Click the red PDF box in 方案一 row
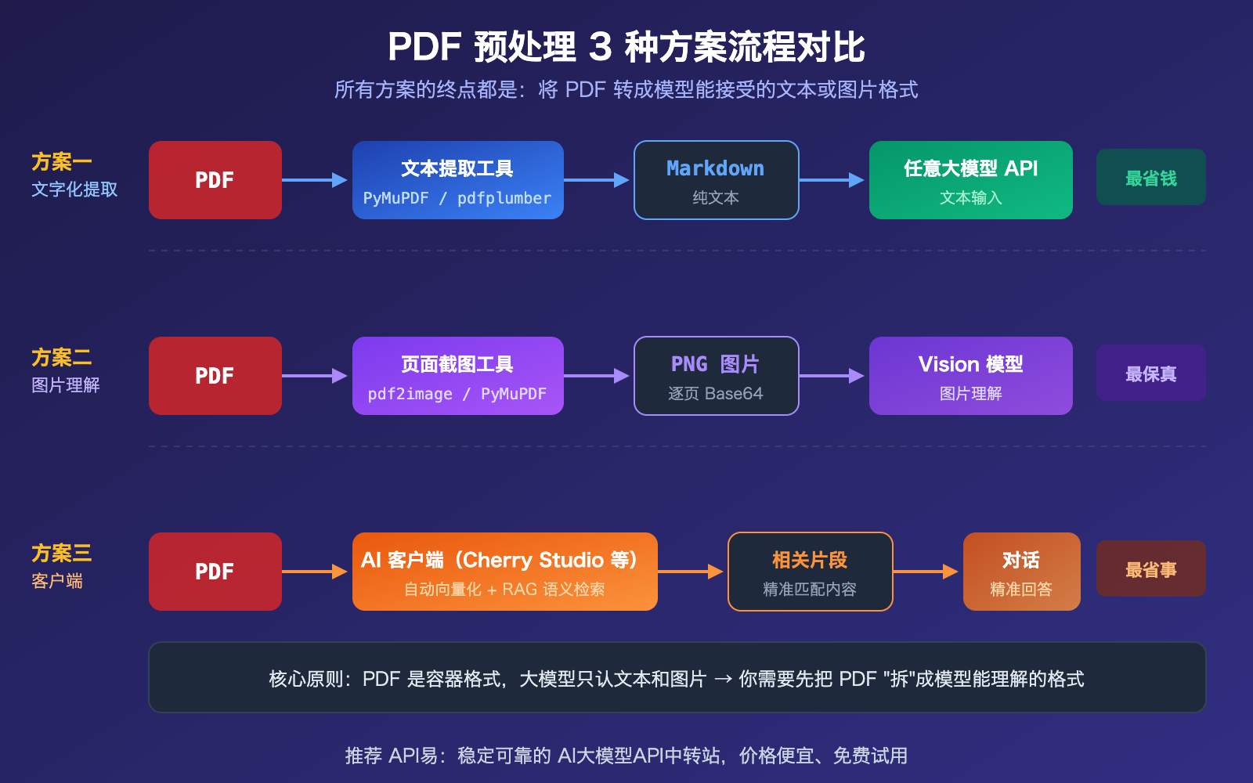click(215, 180)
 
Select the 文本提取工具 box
click(457, 180)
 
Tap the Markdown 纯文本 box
click(716, 180)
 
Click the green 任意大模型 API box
click(970, 180)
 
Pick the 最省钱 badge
click(1150, 178)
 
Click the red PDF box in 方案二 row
click(215, 376)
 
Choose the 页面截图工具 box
click(457, 376)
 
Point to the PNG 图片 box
click(716, 376)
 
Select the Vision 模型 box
click(970, 376)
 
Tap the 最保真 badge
click(1150, 373)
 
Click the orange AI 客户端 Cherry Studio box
click(504, 572)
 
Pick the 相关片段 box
click(810, 572)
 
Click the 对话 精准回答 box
click(1021, 572)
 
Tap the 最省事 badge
click(1150, 569)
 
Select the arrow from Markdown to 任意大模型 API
click(832, 180)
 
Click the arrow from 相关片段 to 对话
click(926, 572)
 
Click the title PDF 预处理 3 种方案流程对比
click(626, 47)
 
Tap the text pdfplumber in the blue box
click(504, 198)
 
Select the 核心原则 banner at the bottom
click(677, 678)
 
